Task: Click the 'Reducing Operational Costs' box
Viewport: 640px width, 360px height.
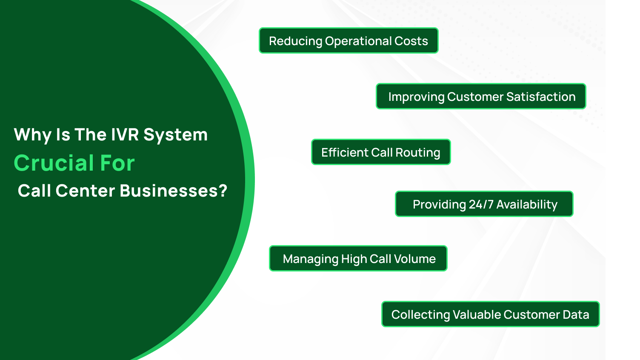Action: [349, 41]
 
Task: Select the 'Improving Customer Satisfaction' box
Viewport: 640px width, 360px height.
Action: [481, 97]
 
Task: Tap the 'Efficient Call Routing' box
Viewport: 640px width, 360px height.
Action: [381, 152]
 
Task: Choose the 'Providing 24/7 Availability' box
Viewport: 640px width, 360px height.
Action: [484, 204]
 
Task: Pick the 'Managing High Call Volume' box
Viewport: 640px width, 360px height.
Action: [358, 259]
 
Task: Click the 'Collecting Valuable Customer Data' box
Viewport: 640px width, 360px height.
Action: [490, 314]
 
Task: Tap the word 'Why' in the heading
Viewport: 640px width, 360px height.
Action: [32, 135]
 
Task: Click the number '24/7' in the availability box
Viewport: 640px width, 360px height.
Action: [481, 205]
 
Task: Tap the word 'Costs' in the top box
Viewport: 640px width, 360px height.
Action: [411, 41]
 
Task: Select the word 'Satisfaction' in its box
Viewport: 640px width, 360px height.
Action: [541, 97]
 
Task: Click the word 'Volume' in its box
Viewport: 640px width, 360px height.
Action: [414, 259]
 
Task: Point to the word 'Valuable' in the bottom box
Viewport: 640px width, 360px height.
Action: [477, 314]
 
